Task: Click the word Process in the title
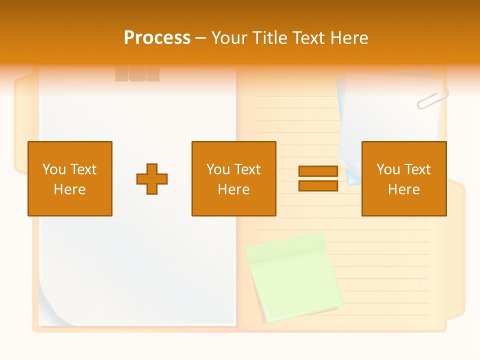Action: [157, 38]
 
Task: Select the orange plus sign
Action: [152, 179]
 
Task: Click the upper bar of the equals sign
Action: [318, 171]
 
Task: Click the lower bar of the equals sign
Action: [318, 185]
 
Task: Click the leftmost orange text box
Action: [70, 178]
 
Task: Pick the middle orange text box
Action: [233, 178]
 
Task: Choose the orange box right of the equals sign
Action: [403, 178]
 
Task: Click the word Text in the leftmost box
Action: [83, 169]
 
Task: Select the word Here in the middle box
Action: [233, 189]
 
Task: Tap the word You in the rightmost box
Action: [388, 169]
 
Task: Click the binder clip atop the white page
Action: [137, 73]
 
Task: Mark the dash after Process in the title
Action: [201, 38]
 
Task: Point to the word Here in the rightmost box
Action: [403, 189]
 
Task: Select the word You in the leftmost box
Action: [54, 169]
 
